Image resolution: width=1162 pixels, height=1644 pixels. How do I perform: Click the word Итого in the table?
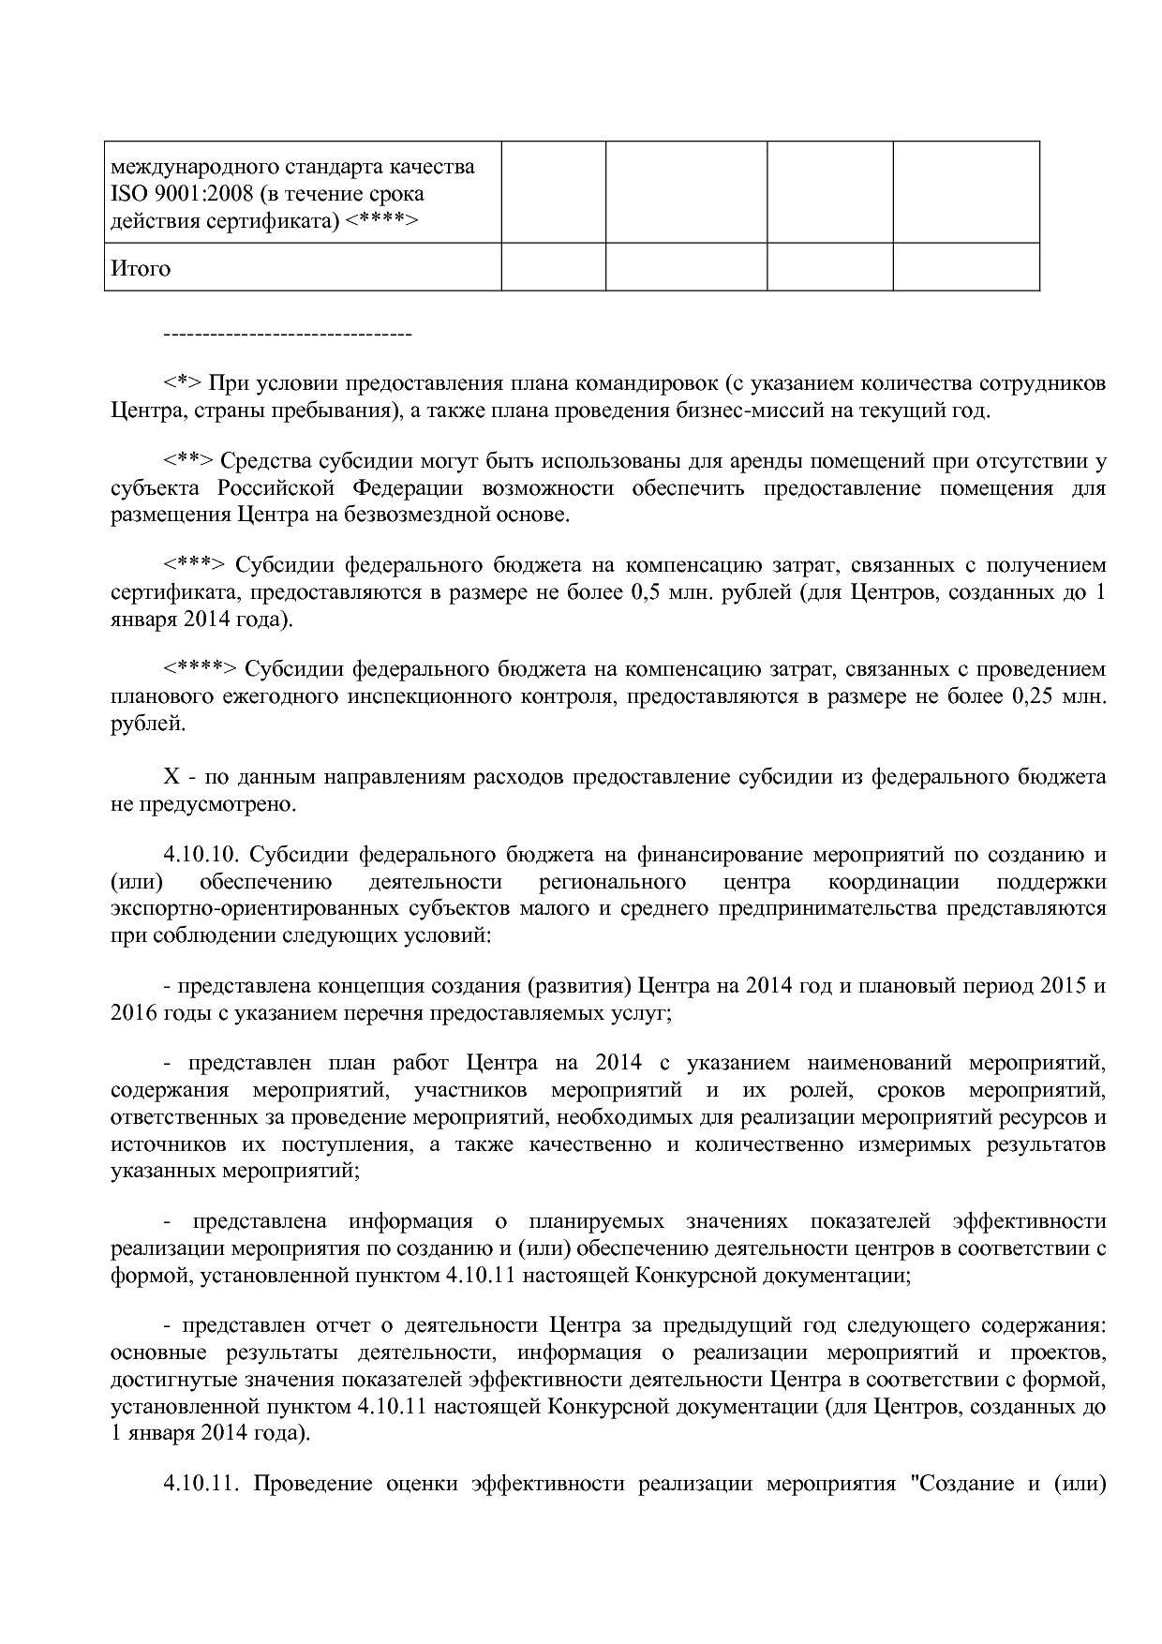(x=141, y=269)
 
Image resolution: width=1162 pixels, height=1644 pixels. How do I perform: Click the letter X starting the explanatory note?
(x=171, y=777)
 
